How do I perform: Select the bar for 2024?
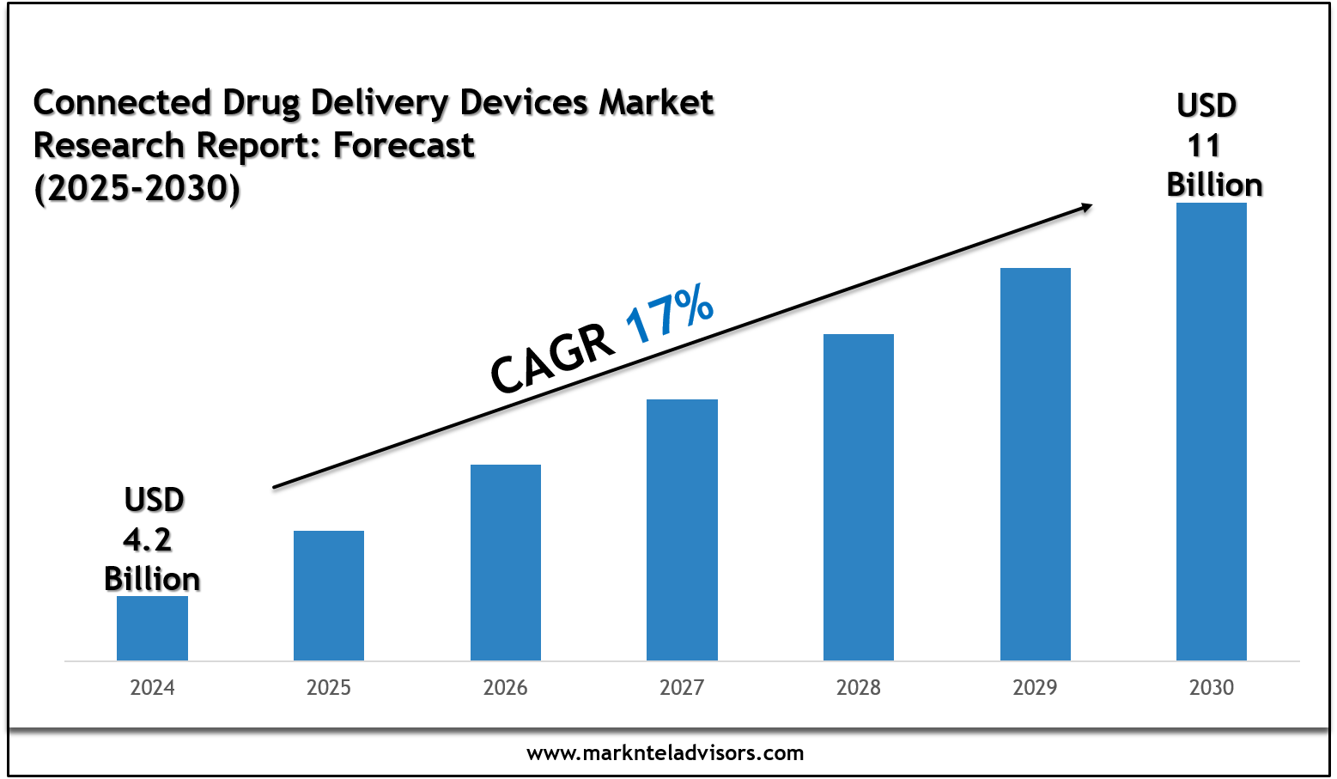pos(152,628)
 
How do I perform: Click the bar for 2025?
pos(329,595)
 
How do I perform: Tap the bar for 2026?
pos(506,563)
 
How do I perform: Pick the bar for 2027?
pos(682,530)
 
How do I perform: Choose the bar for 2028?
pos(859,497)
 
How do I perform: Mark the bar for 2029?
pos(1036,464)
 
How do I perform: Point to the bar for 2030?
pos(1212,431)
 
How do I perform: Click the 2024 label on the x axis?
pos(152,687)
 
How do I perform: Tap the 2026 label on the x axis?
pos(506,687)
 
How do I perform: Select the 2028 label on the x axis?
pos(859,687)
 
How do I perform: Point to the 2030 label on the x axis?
pos(1212,687)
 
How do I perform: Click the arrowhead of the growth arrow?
pos(1086,206)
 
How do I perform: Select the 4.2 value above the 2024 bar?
pos(148,539)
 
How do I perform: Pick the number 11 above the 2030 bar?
pos(1204,146)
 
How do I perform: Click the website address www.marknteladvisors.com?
pos(665,753)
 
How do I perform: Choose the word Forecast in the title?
pos(404,146)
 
